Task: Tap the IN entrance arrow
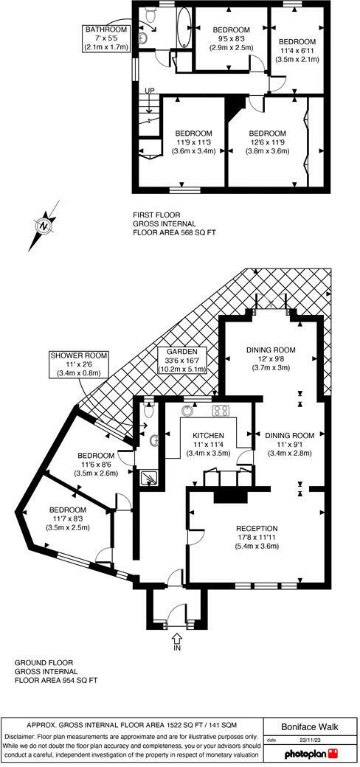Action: tap(177, 638)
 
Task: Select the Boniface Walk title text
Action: tap(310, 727)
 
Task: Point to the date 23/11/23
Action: tap(309, 740)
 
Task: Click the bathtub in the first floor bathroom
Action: tap(184, 27)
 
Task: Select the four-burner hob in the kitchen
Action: tap(221, 410)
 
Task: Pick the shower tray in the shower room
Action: tap(148, 477)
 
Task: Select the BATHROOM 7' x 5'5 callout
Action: tap(105, 38)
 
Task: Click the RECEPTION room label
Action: tap(257, 537)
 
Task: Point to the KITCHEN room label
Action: tap(208, 444)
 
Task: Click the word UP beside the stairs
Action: tap(149, 91)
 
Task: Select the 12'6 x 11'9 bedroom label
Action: tap(267, 142)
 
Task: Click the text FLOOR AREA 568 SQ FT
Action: tap(174, 233)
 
